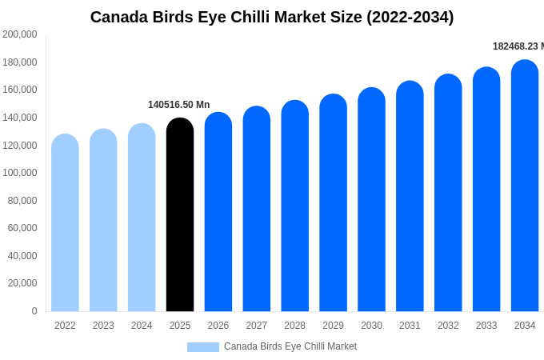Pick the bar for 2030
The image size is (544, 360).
click(x=371, y=199)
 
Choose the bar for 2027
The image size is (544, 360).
click(x=257, y=209)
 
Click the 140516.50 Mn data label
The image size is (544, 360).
click(x=178, y=105)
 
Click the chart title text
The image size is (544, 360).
click(x=271, y=17)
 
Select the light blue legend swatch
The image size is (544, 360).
click(x=202, y=346)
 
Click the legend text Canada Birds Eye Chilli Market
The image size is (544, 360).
click(x=290, y=346)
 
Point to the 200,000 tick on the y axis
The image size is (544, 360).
click(x=20, y=34)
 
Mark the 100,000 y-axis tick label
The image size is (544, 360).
click(x=20, y=173)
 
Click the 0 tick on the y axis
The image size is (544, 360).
click(x=34, y=311)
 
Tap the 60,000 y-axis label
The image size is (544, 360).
click(x=22, y=228)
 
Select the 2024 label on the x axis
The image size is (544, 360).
click(x=142, y=326)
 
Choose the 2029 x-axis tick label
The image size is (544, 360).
click(x=333, y=326)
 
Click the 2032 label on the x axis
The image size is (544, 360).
click(x=448, y=326)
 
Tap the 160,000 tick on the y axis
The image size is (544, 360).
click(x=20, y=90)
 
